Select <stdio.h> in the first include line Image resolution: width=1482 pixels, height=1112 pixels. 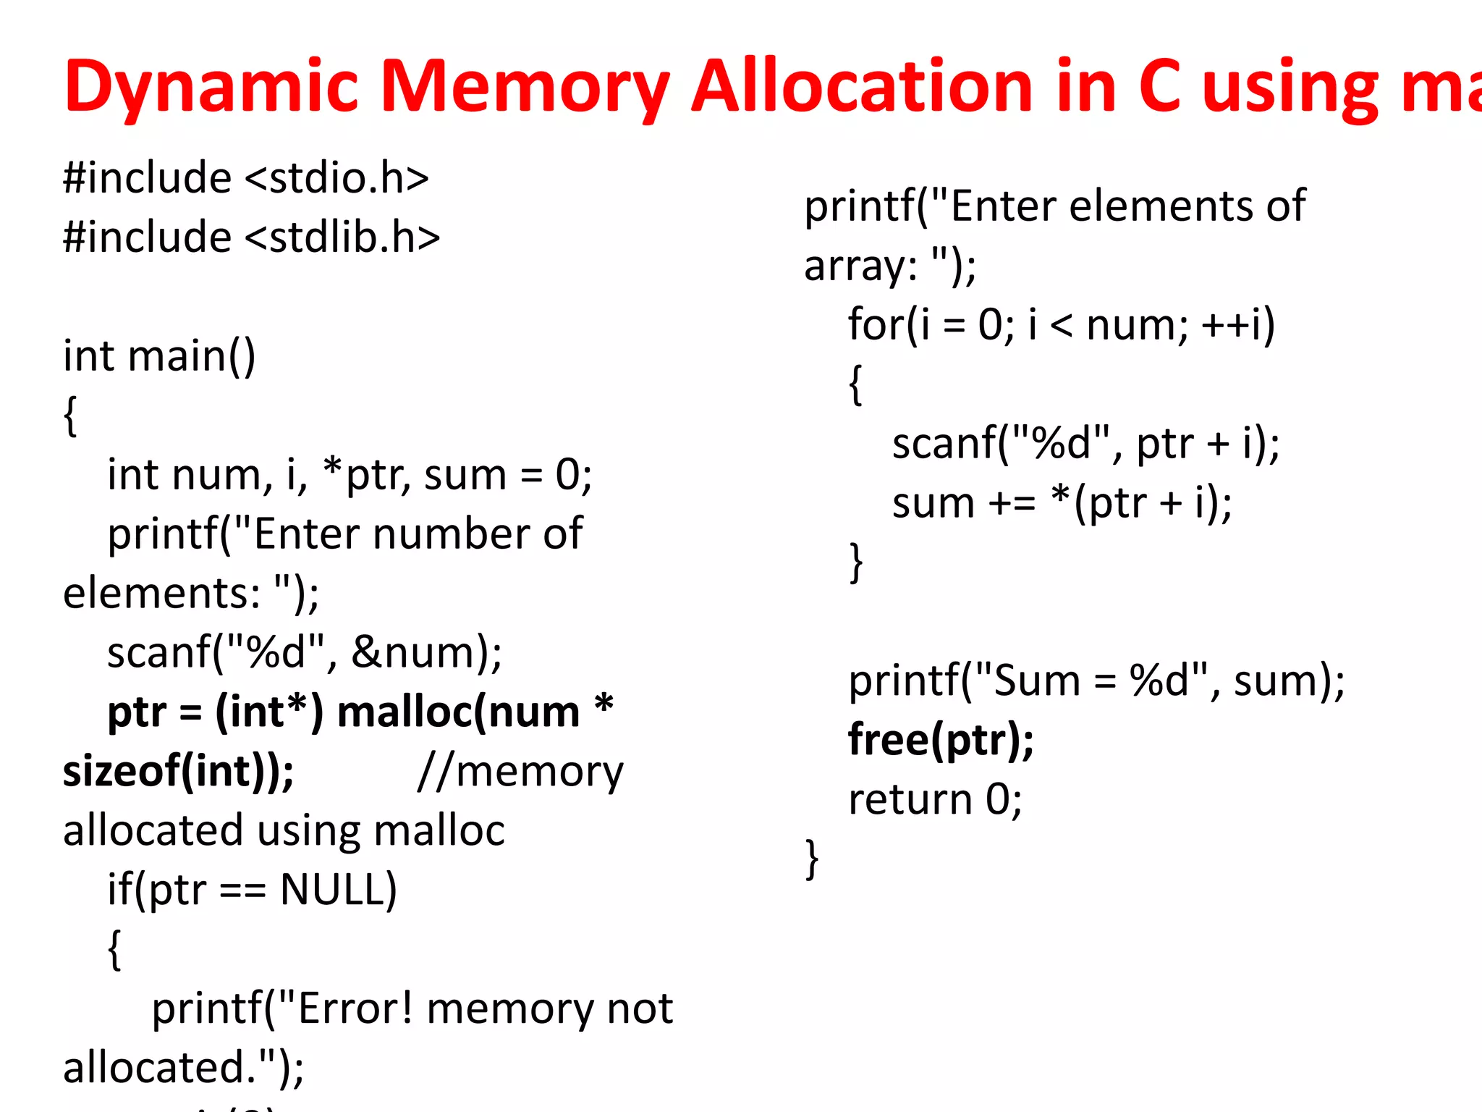click(x=337, y=178)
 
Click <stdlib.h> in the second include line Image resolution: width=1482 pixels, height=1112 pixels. click(x=342, y=237)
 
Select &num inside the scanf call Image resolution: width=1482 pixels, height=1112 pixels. click(x=412, y=653)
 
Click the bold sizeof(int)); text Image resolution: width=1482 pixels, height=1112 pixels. click(x=178, y=772)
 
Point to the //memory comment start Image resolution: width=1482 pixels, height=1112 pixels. click(x=520, y=772)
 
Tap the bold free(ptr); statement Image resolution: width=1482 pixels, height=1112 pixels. click(x=941, y=740)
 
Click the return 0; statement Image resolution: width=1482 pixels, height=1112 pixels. click(x=935, y=799)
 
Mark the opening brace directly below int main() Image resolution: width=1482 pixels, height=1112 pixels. click(x=70, y=416)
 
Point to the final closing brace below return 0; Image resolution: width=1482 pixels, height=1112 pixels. click(x=812, y=859)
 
